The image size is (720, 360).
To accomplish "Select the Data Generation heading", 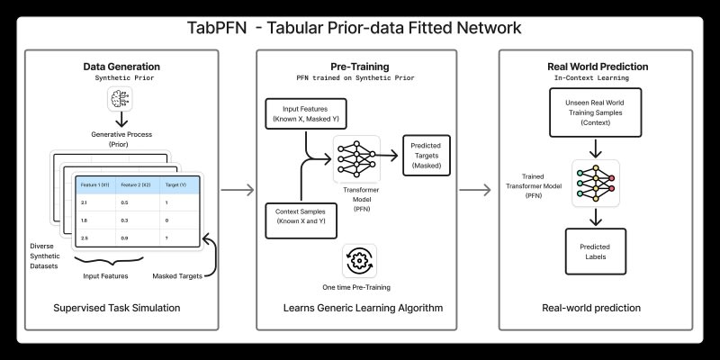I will (121, 67).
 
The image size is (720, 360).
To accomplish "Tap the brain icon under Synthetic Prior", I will (121, 101).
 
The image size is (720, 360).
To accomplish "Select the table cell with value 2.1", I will (84, 203).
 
